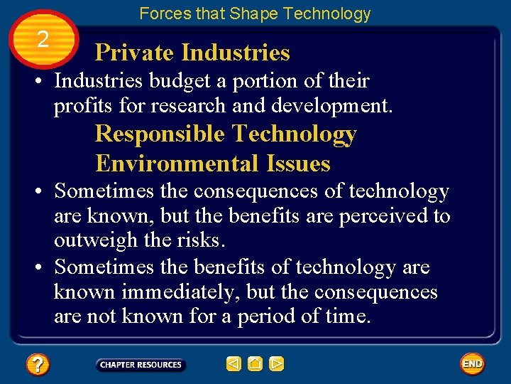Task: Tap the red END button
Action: click(472, 364)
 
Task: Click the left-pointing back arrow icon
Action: click(233, 365)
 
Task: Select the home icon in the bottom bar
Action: click(255, 365)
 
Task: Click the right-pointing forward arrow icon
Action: click(277, 365)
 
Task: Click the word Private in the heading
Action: click(135, 53)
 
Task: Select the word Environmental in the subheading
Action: click(177, 164)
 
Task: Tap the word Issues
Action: click(299, 164)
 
